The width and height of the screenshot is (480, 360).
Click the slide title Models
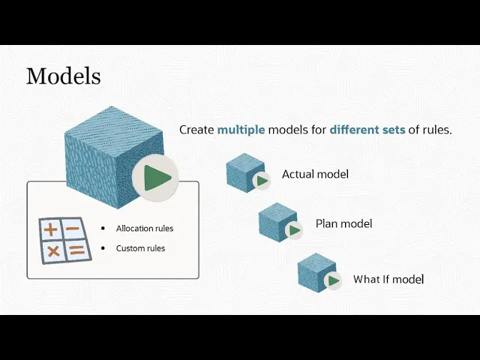click(x=63, y=76)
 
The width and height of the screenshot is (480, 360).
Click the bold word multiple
click(x=241, y=130)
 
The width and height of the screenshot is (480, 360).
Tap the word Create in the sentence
click(x=196, y=130)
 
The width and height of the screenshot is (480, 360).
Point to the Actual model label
click(x=315, y=174)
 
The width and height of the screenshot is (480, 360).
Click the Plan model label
click(x=343, y=223)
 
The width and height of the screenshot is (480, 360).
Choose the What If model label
click(x=388, y=279)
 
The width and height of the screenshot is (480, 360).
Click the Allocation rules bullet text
click(x=145, y=228)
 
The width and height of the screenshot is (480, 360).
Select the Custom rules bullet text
click(x=140, y=248)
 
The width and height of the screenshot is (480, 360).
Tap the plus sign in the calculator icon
click(x=51, y=229)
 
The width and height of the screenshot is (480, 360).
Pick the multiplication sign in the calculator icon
click(x=53, y=251)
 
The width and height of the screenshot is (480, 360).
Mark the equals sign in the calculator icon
click(x=76, y=250)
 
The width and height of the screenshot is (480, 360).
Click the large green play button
click(x=155, y=178)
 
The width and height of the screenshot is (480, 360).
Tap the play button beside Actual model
click(x=262, y=181)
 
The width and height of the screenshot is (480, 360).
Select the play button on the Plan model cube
click(x=294, y=230)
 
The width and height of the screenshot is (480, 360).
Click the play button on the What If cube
click(x=333, y=280)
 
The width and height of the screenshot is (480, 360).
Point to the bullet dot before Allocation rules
click(x=103, y=228)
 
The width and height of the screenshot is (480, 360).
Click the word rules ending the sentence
click(x=437, y=130)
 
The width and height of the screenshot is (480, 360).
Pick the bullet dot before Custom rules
click(x=103, y=248)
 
